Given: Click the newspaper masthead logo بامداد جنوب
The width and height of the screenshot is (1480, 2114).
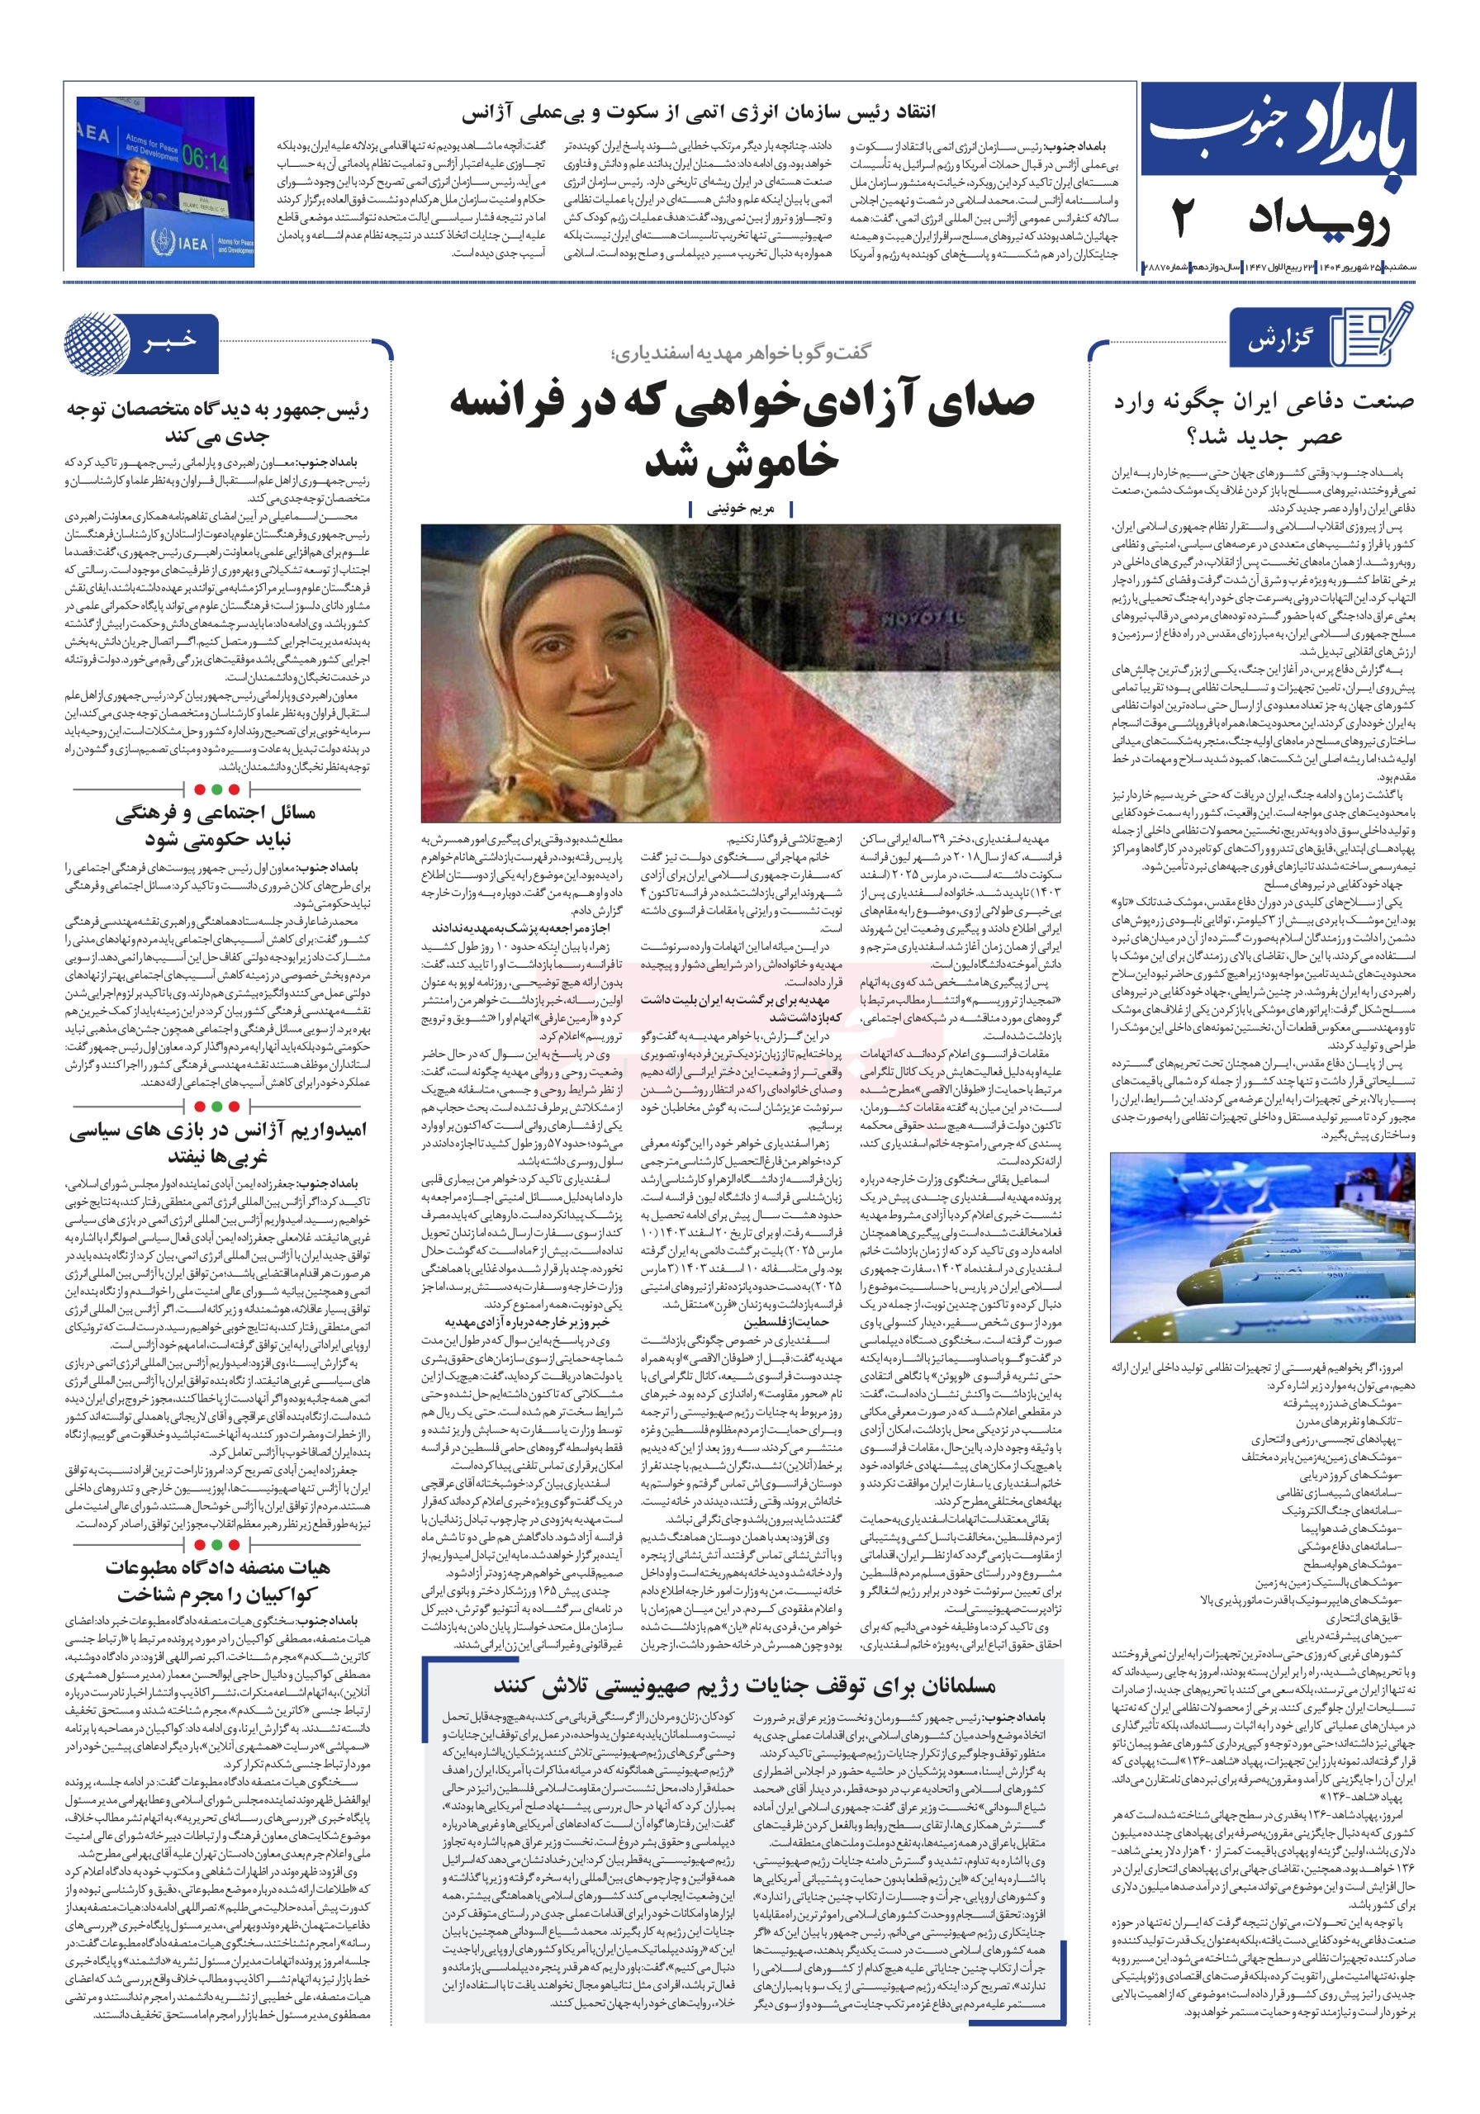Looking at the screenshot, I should [1278, 130].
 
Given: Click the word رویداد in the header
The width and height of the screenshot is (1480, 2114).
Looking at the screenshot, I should [1318, 220].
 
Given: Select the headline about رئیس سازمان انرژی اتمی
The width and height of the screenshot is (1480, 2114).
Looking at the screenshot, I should [698, 112].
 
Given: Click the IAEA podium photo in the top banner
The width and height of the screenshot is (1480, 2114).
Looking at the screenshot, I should [165, 182].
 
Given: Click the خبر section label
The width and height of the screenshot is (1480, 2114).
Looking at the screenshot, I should [170, 342].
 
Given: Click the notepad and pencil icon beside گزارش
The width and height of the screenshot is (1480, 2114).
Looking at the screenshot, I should [1375, 335].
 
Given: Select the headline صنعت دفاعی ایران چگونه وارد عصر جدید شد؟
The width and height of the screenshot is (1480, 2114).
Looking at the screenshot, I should [1263, 418].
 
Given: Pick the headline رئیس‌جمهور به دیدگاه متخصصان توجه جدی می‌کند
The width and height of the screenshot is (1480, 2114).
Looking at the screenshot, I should [217, 422].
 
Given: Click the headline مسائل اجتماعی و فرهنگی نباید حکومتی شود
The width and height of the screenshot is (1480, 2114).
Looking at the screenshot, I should [216, 825].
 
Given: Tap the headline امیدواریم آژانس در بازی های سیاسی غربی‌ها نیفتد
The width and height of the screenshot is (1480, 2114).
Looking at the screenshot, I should [217, 1143].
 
